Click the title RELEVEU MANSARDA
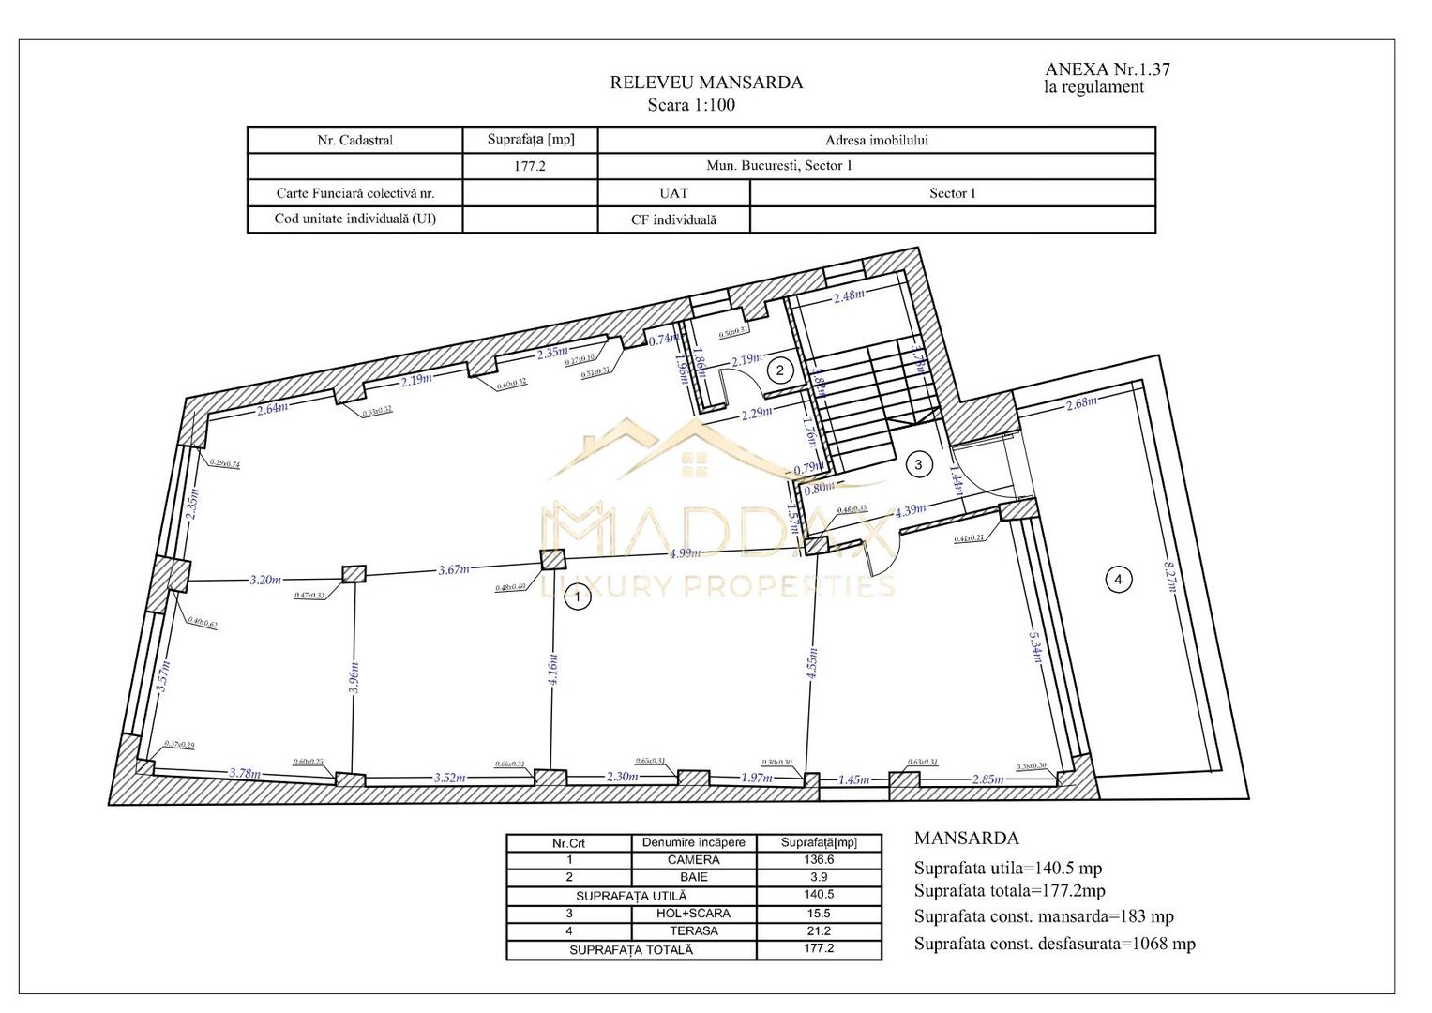pyautogui.click(x=706, y=83)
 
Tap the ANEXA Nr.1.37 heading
pyautogui.click(x=1107, y=69)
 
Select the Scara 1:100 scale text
pyautogui.click(x=691, y=105)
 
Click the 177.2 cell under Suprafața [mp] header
pyautogui.click(x=530, y=166)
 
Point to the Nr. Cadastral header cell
pyautogui.click(x=354, y=141)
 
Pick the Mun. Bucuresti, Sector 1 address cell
pyautogui.click(x=779, y=166)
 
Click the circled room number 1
pyautogui.click(x=578, y=597)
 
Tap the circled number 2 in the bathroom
pyautogui.click(x=779, y=370)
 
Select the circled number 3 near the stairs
pyautogui.click(x=918, y=464)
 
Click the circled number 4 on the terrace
pyautogui.click(x=1117, y=580)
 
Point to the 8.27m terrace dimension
pyautogui.click(x=1169, y=576)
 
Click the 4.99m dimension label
pyautogui.click(x=685, y=553)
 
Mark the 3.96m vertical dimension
pyautogui.click(x=354, y=677)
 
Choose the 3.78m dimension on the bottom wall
pyautogui.click(x=246, y=773)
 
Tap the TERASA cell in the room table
pyautogui.click(x=693, y=931)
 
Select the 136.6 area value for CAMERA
pyautogui.click(x=818, y=860)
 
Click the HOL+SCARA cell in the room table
pyautogui.click(x=693, y=914)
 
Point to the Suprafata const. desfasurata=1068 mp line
pyautogui.click(x=1054, y=945)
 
